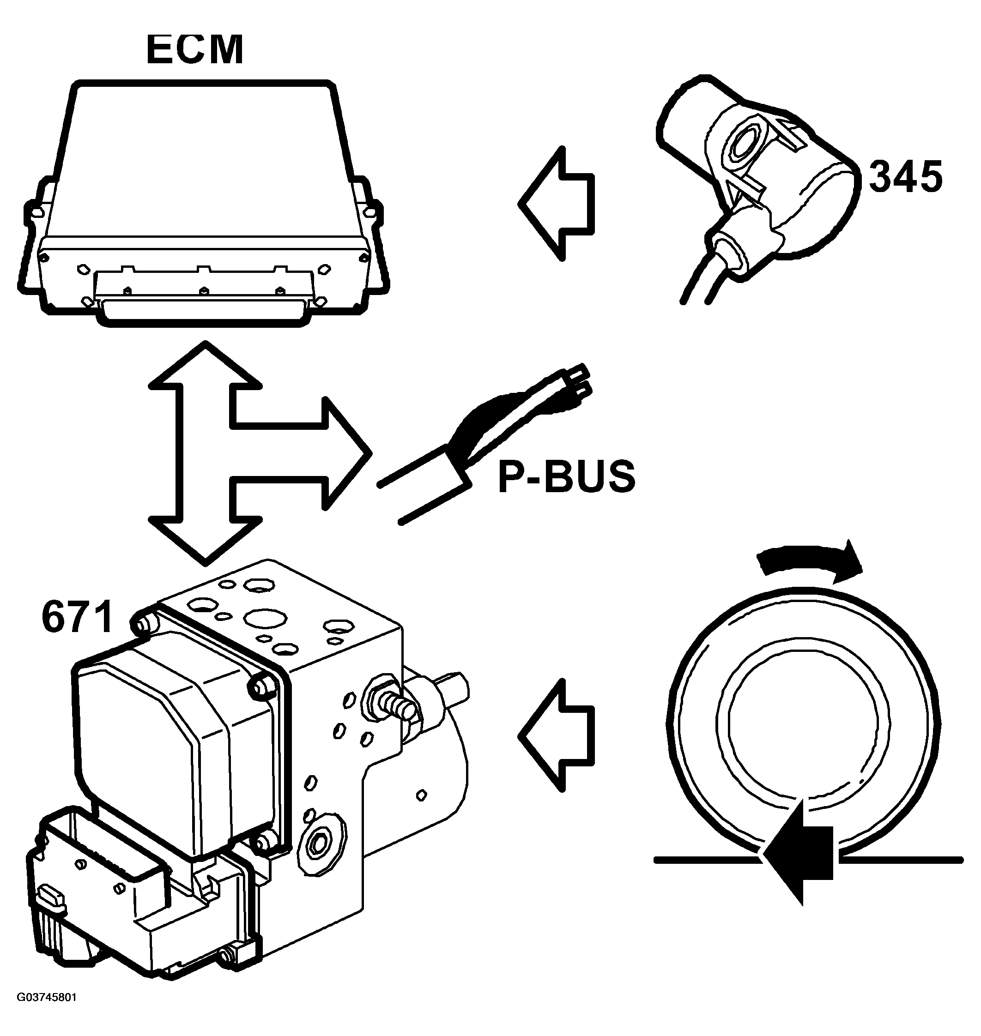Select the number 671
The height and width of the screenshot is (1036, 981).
click(78, 617)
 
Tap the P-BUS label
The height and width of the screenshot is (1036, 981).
click(566, 477)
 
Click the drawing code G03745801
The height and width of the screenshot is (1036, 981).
click(47, 1012)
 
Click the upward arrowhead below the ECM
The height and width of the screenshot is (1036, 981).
click(206, 366)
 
